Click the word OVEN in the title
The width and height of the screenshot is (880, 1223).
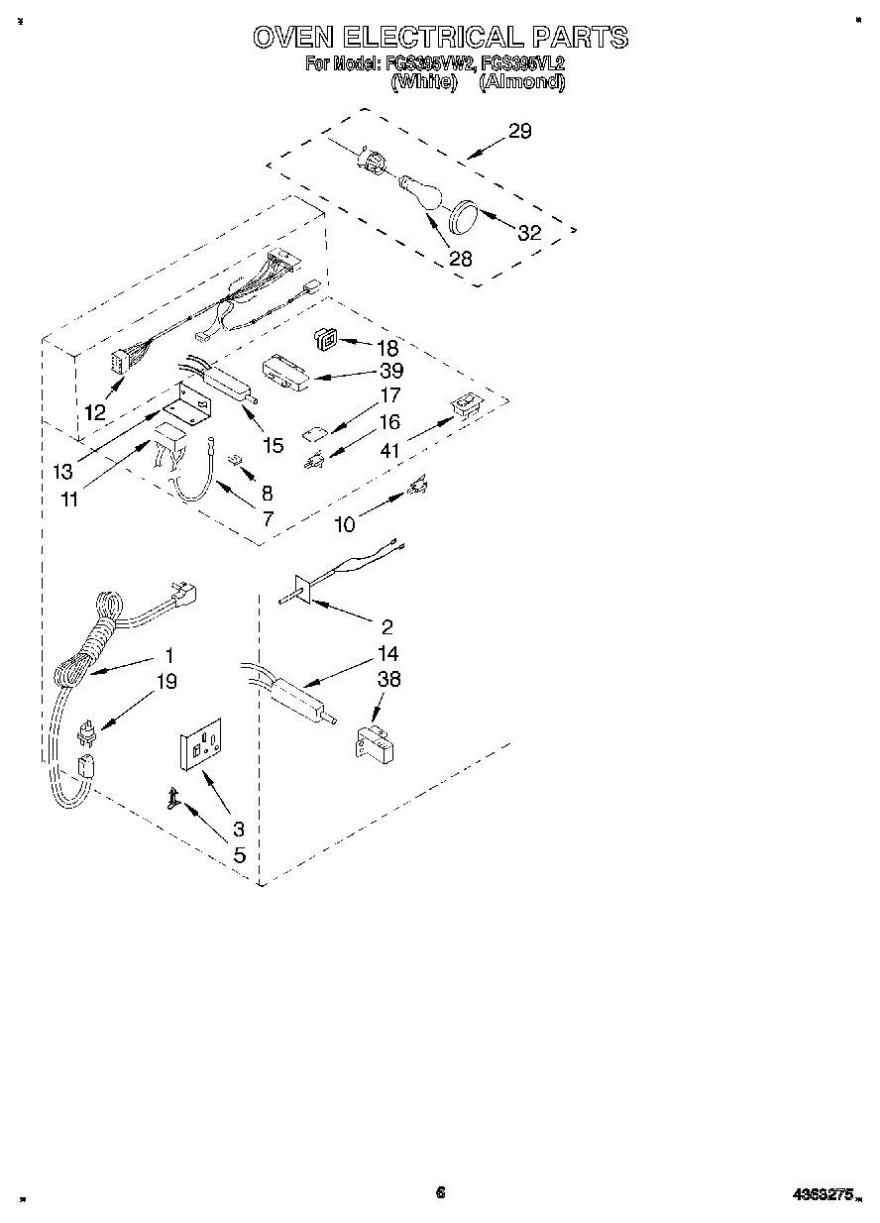291,38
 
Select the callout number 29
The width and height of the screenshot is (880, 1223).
519,131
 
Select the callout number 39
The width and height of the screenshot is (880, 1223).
391,371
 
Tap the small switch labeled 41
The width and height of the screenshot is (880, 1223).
464,404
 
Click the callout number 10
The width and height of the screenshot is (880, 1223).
344,524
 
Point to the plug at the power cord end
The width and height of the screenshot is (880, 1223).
183,596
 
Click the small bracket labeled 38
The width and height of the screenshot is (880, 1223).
372,740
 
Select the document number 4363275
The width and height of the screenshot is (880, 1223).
825,1195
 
